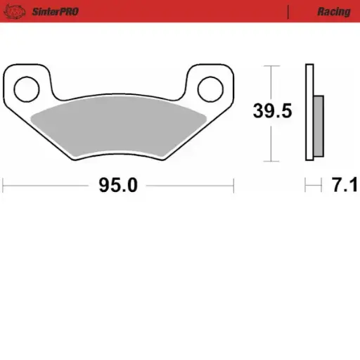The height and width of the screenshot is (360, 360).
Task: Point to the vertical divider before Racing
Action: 288,12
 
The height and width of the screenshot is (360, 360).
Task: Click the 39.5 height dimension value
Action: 273,110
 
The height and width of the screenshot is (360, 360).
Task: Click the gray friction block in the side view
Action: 319,127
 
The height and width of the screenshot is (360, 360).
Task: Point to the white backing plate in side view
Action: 309,112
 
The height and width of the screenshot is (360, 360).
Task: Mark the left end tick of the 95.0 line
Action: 4,186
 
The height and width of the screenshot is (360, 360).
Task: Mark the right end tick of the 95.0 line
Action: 233,186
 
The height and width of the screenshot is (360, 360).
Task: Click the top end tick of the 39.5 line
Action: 269,65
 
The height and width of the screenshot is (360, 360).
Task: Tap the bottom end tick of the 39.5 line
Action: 269,161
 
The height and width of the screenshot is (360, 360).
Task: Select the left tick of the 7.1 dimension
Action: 306,186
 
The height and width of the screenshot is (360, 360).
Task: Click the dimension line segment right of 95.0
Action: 190,186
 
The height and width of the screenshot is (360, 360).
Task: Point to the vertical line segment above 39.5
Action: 269,81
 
